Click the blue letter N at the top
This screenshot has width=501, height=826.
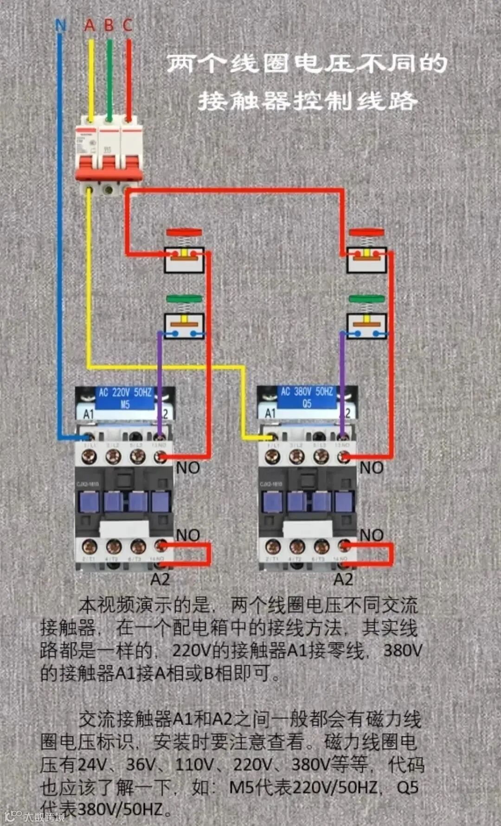coord(60,25)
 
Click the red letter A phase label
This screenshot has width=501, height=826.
coord(90,25)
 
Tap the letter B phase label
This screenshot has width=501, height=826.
coord(109,25)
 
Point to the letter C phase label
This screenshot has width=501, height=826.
coord(128,25)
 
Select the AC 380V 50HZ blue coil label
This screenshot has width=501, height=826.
coord(307,397)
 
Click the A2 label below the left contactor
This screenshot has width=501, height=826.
coord(160,579)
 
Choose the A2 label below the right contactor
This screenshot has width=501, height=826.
coord(343,579)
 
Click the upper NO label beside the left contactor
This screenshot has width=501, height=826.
coord(188,468)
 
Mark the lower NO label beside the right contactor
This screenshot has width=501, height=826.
coord(372,535)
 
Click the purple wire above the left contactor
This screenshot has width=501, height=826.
coord(160,380)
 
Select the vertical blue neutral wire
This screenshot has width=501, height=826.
coord(59,232)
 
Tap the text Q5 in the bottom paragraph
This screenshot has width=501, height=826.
coord(408,787)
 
